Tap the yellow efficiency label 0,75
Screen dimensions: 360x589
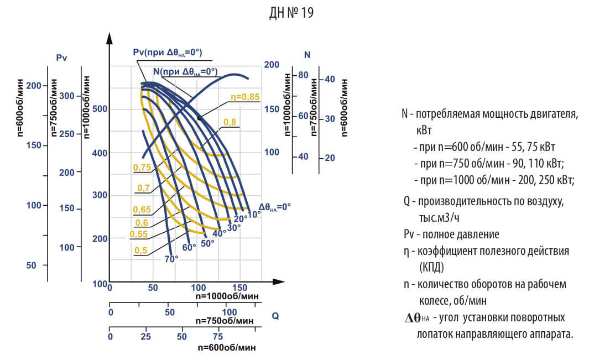pos(142,167)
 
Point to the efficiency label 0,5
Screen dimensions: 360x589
pos(140,250)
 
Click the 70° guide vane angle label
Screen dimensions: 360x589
pos(171,258)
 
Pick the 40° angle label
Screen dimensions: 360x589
pos(220,233)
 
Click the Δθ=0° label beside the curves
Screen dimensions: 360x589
pos(274,206)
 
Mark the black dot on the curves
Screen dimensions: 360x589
pos(199,118)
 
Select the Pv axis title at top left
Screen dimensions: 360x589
pos(61,58)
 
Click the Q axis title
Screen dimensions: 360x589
pos(275,316)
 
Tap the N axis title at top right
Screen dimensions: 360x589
pos(307,54)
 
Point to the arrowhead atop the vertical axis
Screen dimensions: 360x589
pos(110,39)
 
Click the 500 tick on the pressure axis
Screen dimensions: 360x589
pos(99,109)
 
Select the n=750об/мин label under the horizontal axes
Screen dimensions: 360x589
pos(225,321)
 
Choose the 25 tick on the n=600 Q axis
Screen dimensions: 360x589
pos(146,336)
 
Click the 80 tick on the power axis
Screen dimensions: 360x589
pos(303,75)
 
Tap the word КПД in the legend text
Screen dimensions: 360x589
pos(432,268)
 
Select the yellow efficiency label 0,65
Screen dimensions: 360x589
pos(142,209)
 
